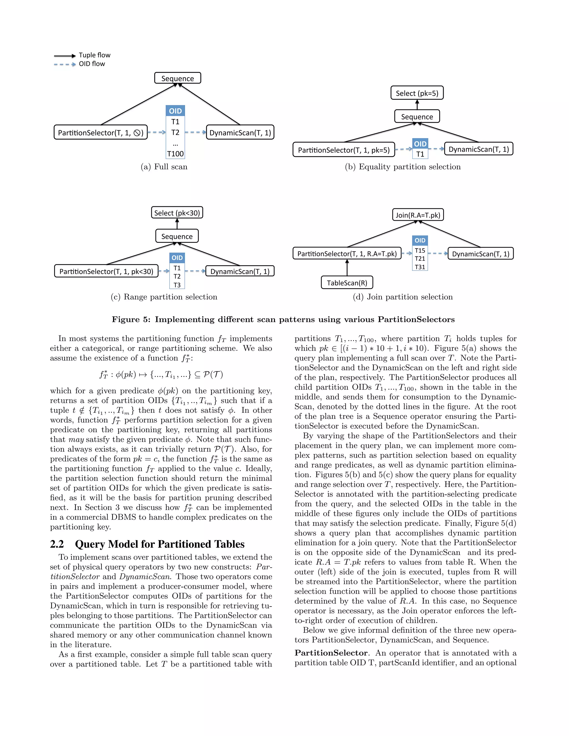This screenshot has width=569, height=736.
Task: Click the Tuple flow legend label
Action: pos(94,55)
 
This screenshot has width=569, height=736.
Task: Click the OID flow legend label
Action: pos(92,64)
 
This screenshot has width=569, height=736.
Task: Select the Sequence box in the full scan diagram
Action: pos(178,78)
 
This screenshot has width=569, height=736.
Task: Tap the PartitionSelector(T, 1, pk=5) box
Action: pos(343,150)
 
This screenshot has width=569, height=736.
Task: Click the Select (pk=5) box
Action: pos(417,93)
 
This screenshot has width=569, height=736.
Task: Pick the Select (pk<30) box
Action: pos(177,213)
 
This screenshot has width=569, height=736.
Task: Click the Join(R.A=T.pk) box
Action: pos(418,215)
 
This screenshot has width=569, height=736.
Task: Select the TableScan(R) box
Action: pos(347,282)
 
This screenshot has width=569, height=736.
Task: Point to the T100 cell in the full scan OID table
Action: pos(175,154)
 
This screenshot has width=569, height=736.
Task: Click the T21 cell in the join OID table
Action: pos(420,259)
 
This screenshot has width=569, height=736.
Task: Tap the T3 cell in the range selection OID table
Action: pos(177,285)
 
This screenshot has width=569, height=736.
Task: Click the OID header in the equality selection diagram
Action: pos(420,144)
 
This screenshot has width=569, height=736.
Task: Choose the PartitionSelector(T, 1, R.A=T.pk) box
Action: pos(347,253)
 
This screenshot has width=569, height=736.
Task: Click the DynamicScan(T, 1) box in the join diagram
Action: pos(480,254)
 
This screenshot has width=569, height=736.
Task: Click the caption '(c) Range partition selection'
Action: pos(164,297)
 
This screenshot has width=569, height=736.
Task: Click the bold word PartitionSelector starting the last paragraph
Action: pos(331,653)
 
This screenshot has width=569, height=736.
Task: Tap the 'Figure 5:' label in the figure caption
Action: pos(131,319)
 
